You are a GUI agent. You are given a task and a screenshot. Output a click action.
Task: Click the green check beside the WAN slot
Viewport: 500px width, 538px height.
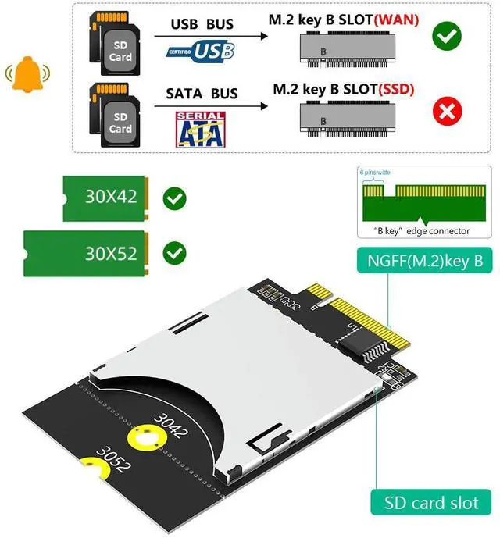447,36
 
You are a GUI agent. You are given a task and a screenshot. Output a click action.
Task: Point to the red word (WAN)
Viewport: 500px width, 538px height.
397,20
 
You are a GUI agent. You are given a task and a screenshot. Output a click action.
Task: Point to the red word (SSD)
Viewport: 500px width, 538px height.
396,90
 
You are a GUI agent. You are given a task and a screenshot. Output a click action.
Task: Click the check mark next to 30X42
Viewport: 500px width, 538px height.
174,198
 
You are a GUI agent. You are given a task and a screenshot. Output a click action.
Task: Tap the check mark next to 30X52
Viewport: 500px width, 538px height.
174,253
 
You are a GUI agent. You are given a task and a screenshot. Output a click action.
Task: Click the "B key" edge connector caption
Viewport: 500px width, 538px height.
415,230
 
